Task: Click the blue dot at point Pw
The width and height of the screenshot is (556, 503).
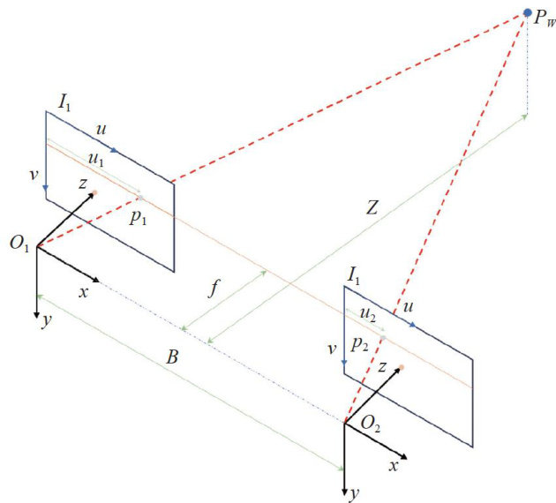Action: [x=528, y=13]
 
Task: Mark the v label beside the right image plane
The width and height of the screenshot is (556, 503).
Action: [x=331, y=348]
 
